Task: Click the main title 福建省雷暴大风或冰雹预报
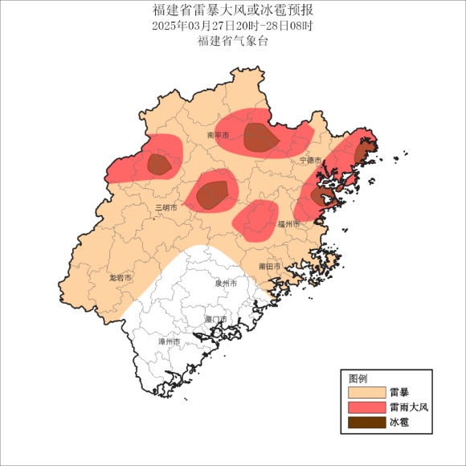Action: [x=233, y=10]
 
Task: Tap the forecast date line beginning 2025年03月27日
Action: [x=233, y=26]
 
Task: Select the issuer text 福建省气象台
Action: [x=233, y=41]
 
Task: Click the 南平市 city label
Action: [x=218, y=136]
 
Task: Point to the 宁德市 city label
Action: [x=310, y=161]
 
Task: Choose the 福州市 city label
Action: [x=288, y=224]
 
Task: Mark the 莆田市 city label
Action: [x=270, y=266]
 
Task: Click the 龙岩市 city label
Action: [x=121, y=277]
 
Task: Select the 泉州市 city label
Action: [x=226, y=284]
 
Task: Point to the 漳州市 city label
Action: [x=170, y=341]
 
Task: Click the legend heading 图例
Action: [x=358, y=378]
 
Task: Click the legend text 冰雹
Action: [x=399, y=422]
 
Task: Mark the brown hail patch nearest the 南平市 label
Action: [x=260, y=138]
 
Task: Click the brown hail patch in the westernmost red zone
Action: [x=158, y=165]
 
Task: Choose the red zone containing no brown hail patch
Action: [x=255, y=219]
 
